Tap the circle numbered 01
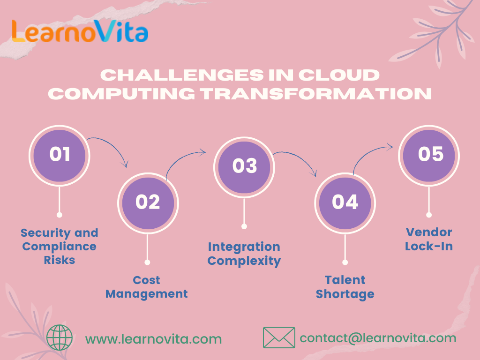pos(60,155)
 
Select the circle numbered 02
pos(148,202)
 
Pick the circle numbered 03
pos(244,166)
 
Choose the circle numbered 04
pos(345,202)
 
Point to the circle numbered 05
pos(429,155)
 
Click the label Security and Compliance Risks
pos(60,246)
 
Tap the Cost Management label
pos(147,287)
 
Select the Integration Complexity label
pos(244,254)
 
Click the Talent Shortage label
pos(345,287)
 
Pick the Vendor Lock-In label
pos(429,239)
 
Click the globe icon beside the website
pos(60,337)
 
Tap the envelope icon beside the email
pos(279,337)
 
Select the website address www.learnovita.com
pos(153,338)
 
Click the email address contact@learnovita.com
pos(378,338)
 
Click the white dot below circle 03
pos(244,226)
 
